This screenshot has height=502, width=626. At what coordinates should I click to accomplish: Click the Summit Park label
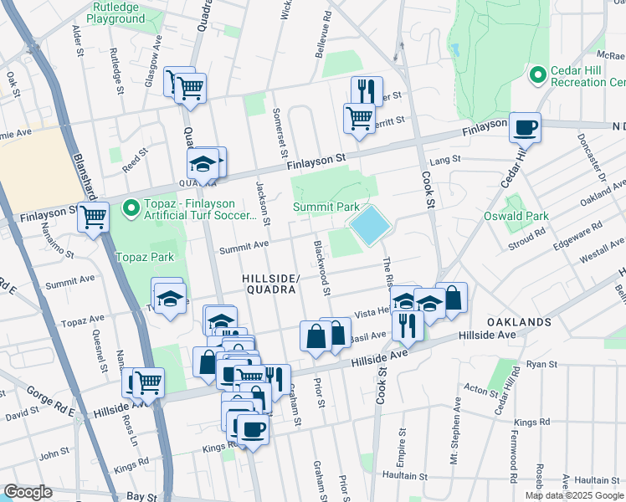tap(326, 207)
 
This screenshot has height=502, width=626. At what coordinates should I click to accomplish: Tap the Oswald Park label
tap(516, 216)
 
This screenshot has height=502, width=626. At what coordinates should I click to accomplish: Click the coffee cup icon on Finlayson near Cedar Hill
tap(525, 128)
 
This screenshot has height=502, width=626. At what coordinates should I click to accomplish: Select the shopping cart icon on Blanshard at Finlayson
tap(93, 218)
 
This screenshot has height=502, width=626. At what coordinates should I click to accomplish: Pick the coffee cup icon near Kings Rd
tap(253, 430)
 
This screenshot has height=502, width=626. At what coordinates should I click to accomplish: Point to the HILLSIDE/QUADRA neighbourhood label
tap(269, 284)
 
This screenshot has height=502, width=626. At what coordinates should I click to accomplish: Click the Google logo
tap(28, 492)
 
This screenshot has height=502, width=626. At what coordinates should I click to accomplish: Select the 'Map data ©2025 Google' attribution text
tap(573, 495)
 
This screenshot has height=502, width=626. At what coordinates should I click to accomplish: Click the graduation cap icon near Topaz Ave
tap(168, 297)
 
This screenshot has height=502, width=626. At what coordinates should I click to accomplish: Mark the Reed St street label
tap(134, 159)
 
